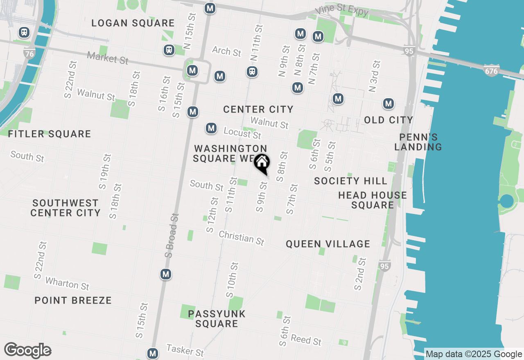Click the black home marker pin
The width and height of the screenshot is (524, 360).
coord(262,163)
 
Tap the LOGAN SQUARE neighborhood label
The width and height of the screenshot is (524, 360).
coord(133,23)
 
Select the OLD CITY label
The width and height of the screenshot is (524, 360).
coord(388,120)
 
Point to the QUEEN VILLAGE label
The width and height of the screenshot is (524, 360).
coord(328,244)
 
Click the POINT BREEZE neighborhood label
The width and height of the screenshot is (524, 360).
coord(73,300)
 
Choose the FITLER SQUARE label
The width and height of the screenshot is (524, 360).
coord(50,134)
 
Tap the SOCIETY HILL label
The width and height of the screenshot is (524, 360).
coord(350,181)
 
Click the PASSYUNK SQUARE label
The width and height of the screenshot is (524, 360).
coord(217,319)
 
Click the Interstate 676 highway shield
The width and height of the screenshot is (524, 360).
coord(491,70)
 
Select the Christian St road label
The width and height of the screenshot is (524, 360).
coord(242,238)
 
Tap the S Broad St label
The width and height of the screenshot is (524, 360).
coord(172,236)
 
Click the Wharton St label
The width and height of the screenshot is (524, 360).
coord(67,283)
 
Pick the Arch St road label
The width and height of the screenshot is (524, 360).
coord(226,51)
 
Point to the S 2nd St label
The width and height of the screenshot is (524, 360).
coord(359,274)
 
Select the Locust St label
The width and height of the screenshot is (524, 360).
coord(242,133)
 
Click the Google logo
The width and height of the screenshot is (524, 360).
coord(27,351)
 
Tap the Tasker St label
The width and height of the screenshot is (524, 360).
coord(185,350)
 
